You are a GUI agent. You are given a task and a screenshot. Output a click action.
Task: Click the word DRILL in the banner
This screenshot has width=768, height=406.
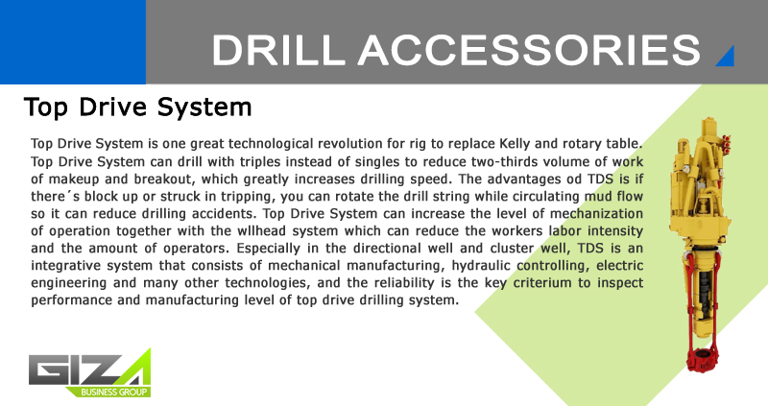[x=278, y=50]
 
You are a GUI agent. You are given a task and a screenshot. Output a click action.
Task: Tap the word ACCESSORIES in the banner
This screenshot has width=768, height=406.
[x=529, y=50]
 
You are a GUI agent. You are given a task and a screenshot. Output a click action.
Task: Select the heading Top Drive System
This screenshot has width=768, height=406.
[x=137, y=107]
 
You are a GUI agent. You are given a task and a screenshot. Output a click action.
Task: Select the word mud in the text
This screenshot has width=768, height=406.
[x=596, y=197]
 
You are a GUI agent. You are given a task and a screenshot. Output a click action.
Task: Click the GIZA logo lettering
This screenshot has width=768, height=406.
[x=89, y=370]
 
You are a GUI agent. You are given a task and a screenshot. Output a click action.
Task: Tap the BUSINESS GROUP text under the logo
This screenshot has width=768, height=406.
[x=113, y=392]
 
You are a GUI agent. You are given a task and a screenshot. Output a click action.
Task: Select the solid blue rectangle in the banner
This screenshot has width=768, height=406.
[x=73, y=42]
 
